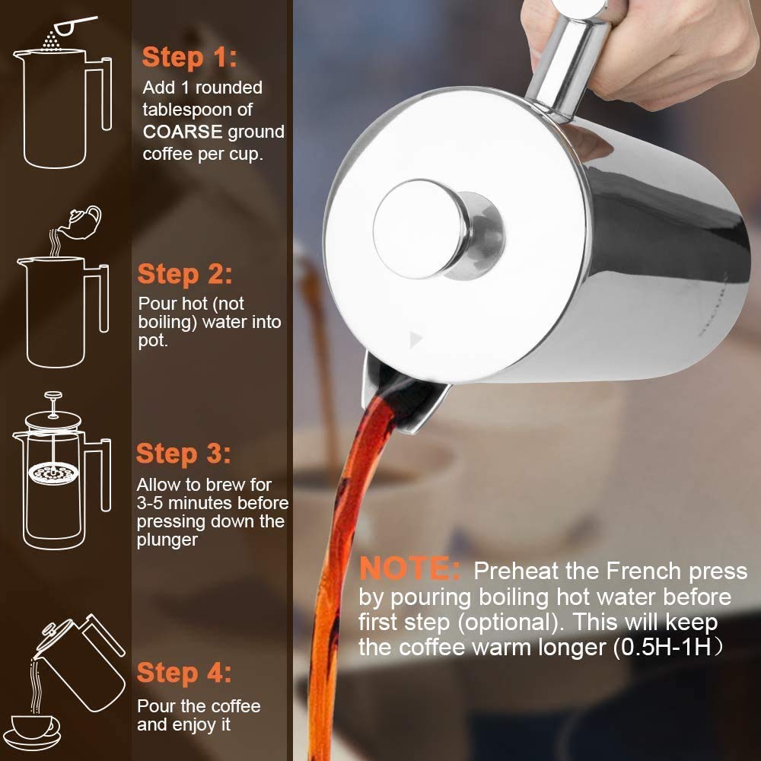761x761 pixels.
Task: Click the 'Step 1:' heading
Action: click(189, 57)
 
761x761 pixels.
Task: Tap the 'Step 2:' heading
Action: click(185, 274)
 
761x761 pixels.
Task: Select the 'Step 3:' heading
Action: click(183, 454)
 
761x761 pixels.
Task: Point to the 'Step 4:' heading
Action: click(184, 673)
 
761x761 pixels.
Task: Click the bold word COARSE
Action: click(183, 132)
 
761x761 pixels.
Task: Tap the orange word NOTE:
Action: click(409, 569)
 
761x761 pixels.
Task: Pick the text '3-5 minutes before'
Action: click(212, 503)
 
